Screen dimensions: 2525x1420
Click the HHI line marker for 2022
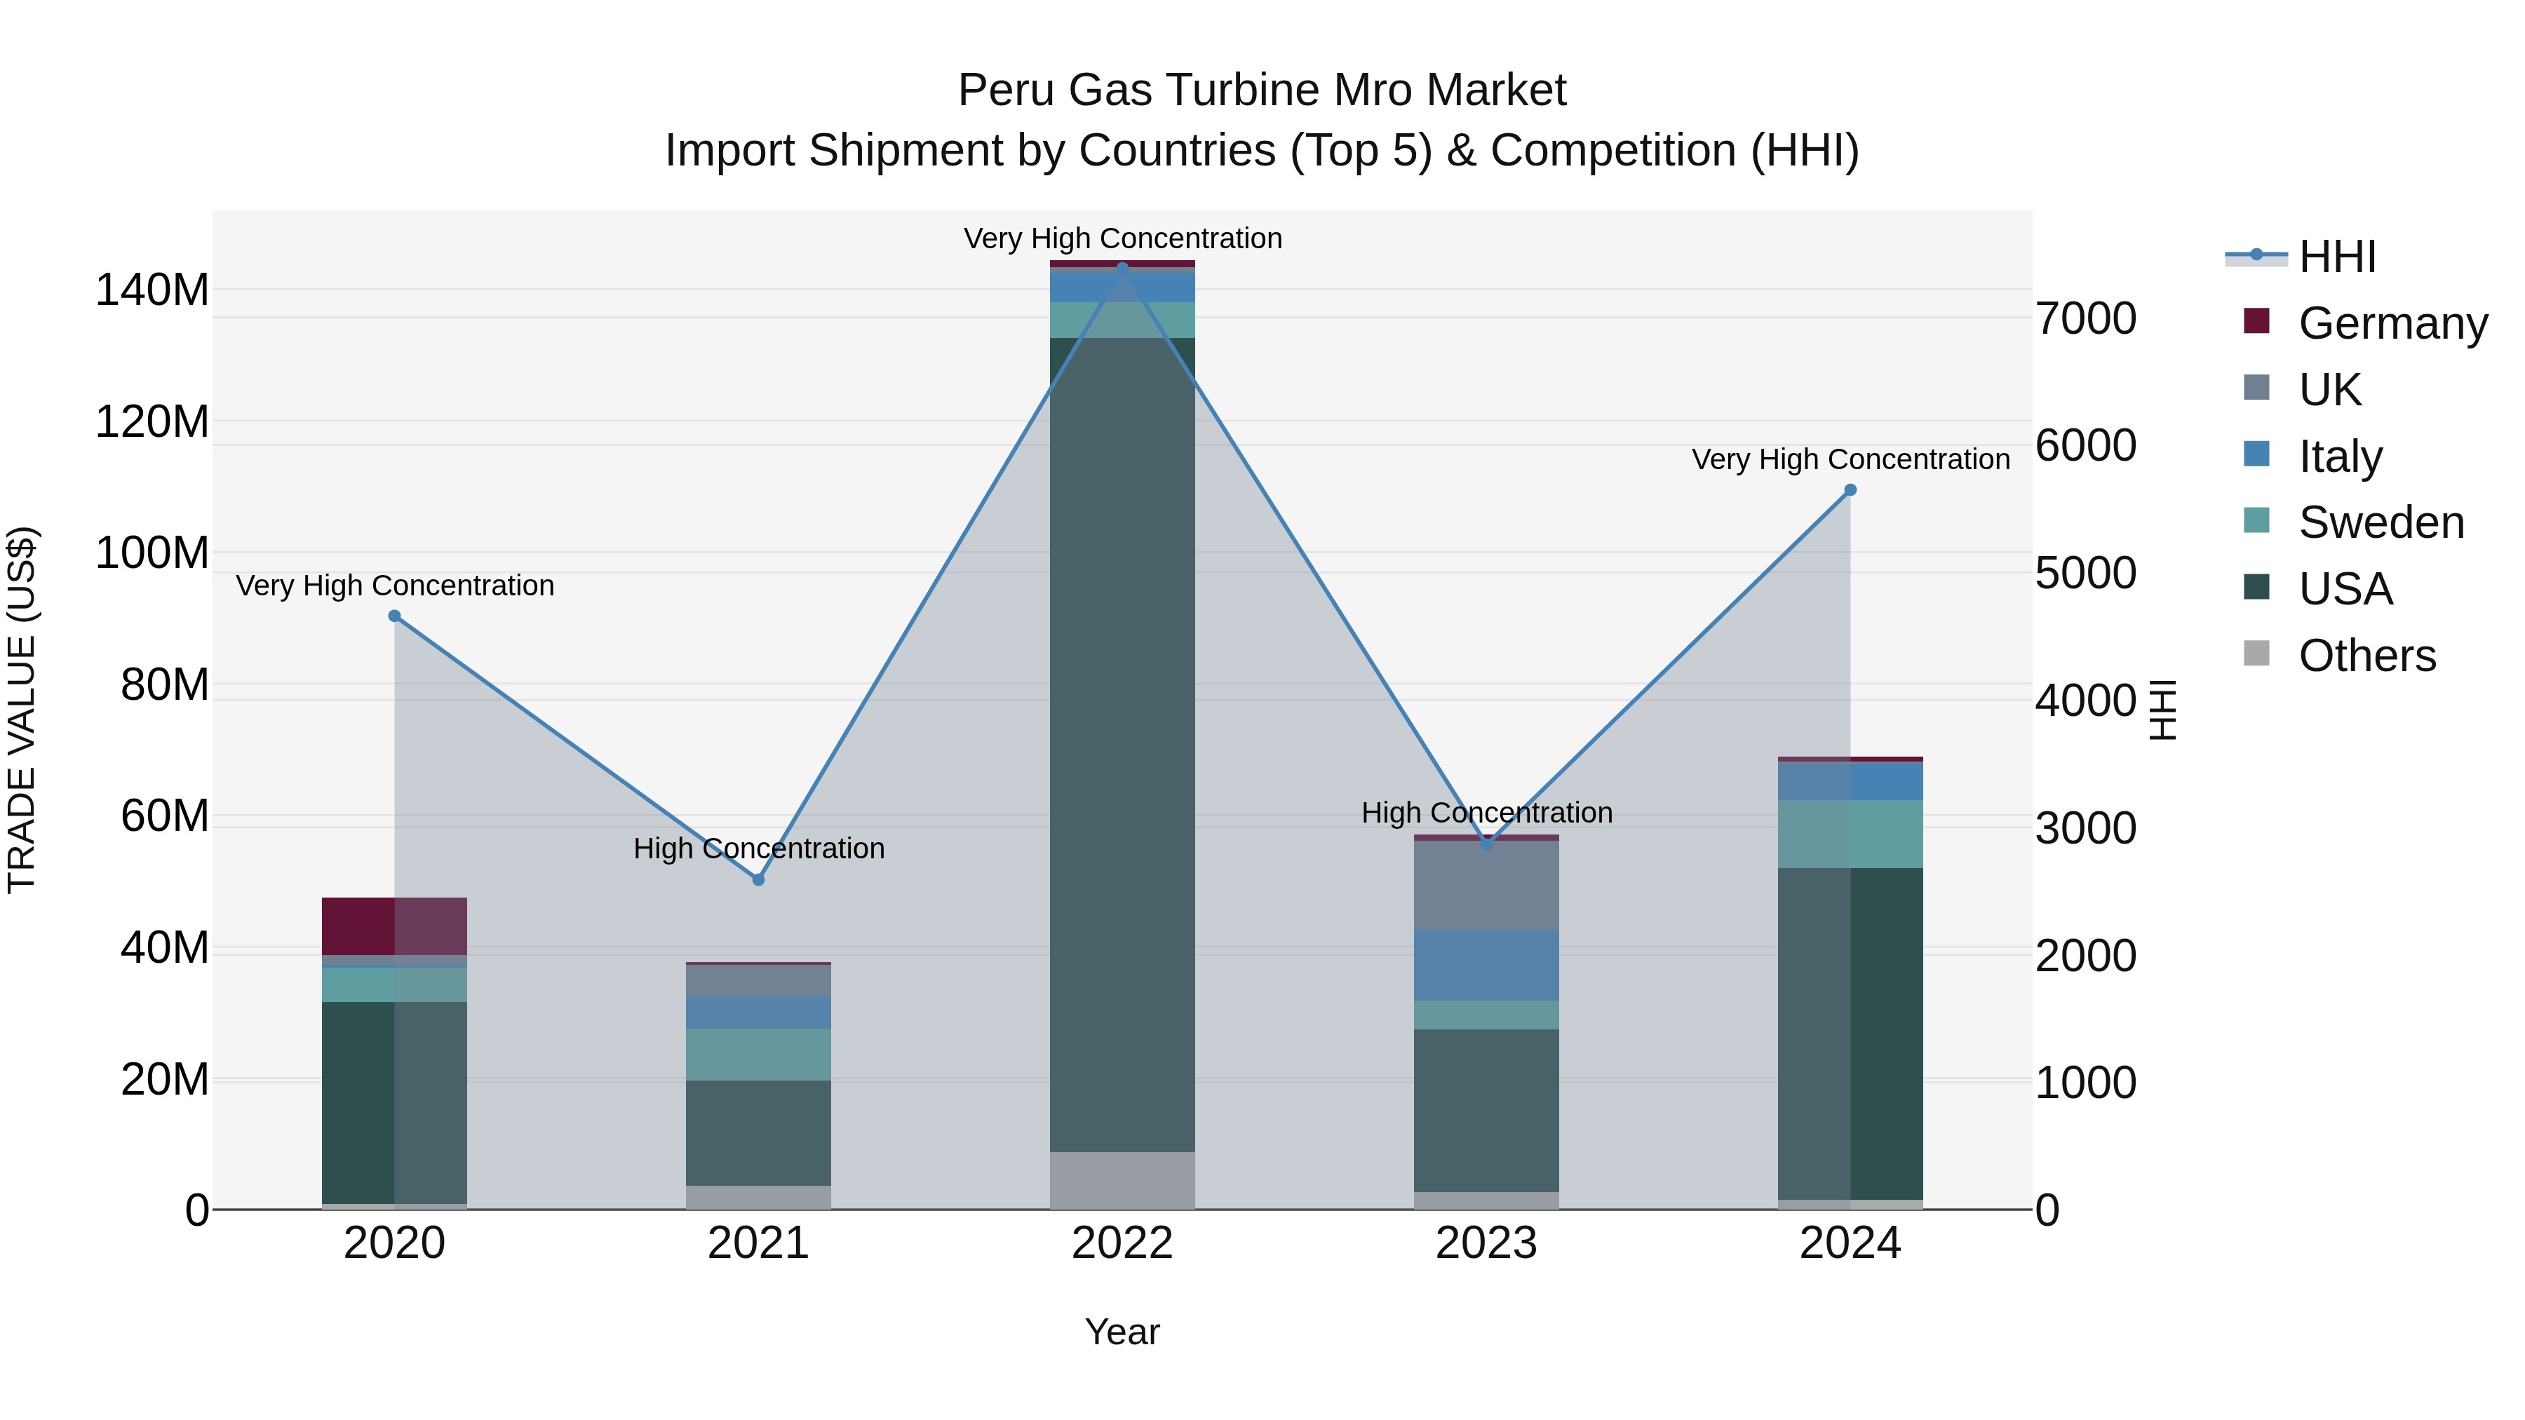point(1122,268)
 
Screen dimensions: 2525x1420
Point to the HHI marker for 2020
point(394,616)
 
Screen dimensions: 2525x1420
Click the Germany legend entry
point(2392,323)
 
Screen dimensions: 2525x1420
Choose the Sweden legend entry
point(2380,522)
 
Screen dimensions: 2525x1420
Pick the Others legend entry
point(2366,656)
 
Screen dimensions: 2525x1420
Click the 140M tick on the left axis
point(152,290)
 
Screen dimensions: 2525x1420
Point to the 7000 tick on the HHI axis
point(2086,318)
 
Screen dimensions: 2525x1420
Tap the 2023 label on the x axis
point(1486,1243)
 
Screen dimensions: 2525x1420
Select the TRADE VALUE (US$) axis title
point(22,710)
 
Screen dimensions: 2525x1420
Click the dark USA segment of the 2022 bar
point(1122,745)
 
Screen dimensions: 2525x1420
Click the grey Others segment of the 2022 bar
point(1122,1180)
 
